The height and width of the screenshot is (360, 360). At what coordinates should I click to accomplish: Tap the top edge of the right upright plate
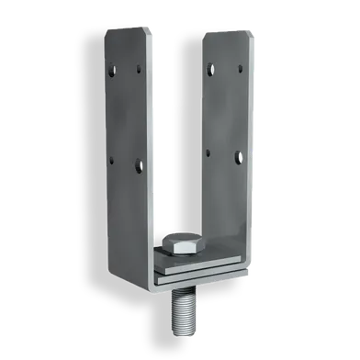[x=224, y=31]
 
